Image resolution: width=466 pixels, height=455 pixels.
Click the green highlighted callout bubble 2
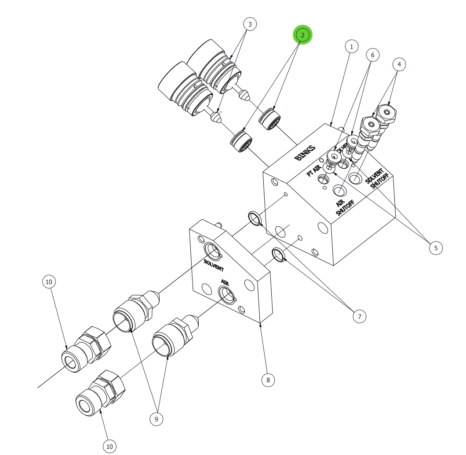302,34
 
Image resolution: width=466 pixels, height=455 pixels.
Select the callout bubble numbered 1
351,46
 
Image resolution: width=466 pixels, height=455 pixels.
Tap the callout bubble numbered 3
250,24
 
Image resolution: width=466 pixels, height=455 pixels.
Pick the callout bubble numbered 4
399,64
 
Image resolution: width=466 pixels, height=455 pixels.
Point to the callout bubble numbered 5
436,248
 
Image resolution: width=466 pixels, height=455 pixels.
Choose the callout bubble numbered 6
372,55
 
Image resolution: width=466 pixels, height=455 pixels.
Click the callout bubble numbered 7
359,316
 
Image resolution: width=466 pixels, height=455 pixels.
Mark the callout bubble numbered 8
268,380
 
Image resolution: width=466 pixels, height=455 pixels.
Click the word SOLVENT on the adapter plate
214,266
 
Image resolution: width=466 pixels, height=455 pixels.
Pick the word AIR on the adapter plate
225,282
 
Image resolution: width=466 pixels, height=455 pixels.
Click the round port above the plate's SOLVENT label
213,252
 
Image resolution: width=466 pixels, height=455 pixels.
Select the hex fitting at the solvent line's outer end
86,351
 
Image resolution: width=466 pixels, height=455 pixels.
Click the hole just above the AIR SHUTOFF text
339,191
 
